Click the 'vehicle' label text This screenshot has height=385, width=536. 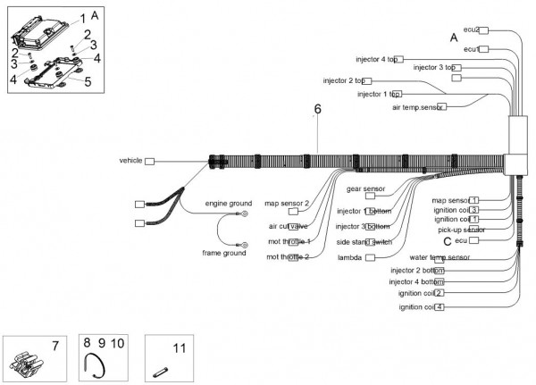pos(130,161)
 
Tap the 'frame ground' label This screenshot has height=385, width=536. pos(222,253)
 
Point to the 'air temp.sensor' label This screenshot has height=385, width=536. pos(417,107)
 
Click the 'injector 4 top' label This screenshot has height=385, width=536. pos(376,59)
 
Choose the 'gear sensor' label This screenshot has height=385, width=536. pos(365,189)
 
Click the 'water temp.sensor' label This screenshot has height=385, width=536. pos(440,257)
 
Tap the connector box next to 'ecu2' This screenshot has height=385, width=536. pos(484,30)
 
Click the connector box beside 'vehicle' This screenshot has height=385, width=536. pos(150,162)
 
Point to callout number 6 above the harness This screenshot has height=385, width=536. pos(316,110)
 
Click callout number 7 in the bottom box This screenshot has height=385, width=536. pos(54,344)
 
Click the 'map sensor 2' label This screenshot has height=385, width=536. pos(288,204)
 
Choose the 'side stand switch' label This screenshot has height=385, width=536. pos(364,242)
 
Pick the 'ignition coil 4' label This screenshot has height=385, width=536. pos(421,306)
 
